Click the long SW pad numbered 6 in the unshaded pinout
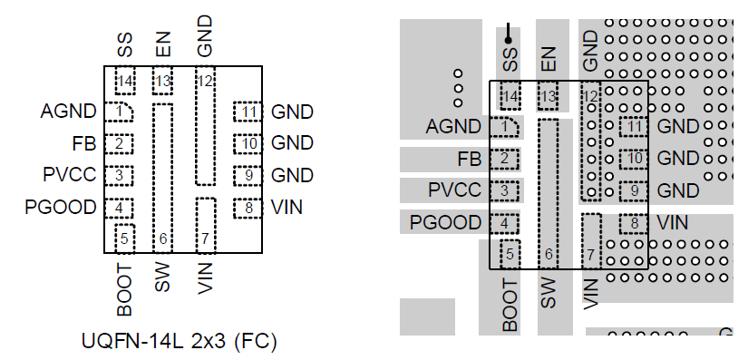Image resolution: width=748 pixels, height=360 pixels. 162,174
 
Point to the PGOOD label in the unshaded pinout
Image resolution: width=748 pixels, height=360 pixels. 61,208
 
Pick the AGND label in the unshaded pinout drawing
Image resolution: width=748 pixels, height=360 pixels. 68,112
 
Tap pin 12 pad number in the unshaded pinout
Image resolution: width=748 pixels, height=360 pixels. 206,81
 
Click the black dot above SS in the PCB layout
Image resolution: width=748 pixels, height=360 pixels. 509,40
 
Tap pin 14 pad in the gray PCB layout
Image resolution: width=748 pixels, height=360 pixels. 510,96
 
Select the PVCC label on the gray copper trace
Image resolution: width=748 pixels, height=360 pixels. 455,190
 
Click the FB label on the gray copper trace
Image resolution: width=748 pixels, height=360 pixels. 469,160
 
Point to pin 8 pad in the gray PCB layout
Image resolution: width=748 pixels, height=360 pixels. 634,222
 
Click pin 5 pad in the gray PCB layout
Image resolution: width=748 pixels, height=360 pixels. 511,255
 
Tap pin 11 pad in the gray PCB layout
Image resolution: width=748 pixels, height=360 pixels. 634,127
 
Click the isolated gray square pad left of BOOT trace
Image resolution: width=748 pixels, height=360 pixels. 426,316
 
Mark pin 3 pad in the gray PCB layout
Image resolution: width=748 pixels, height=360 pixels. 505,190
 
